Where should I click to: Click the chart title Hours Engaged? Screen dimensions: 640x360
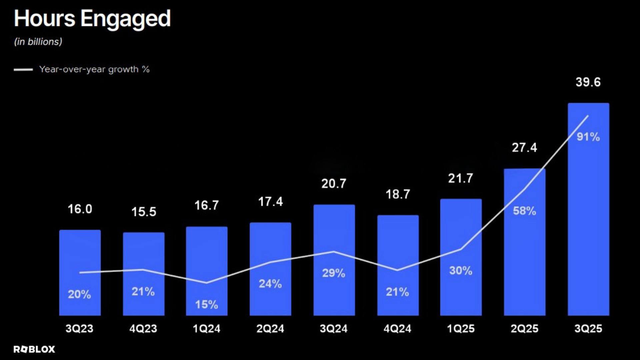point(92,19)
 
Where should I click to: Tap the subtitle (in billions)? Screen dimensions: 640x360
point(38,42)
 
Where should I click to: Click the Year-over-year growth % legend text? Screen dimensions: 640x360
point(94,69)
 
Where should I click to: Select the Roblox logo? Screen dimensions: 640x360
point(34,349)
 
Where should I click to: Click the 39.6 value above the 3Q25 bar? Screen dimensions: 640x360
point(588,82)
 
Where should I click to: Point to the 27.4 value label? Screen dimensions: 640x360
point(524,148)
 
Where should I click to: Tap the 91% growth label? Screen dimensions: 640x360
point(588,137)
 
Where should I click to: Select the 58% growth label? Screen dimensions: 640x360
point(524,211)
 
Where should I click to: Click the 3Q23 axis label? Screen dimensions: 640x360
point(79,329)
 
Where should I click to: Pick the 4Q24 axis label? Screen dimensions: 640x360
point(397,329)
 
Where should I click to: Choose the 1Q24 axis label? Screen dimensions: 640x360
point(207,329)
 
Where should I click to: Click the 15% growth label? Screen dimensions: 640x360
point(207,304)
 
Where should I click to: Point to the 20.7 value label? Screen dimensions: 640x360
point(334,184)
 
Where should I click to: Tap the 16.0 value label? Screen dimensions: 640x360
point(80,209)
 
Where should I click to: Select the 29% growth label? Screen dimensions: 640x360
point(334,273)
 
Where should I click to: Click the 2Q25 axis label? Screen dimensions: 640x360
point(524,329)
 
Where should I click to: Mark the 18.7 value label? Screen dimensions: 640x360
point(398,194)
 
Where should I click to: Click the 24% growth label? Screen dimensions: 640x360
point(270,284)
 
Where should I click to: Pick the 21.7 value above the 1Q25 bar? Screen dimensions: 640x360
point(460,178)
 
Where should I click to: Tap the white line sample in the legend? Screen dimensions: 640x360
point(23,70)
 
